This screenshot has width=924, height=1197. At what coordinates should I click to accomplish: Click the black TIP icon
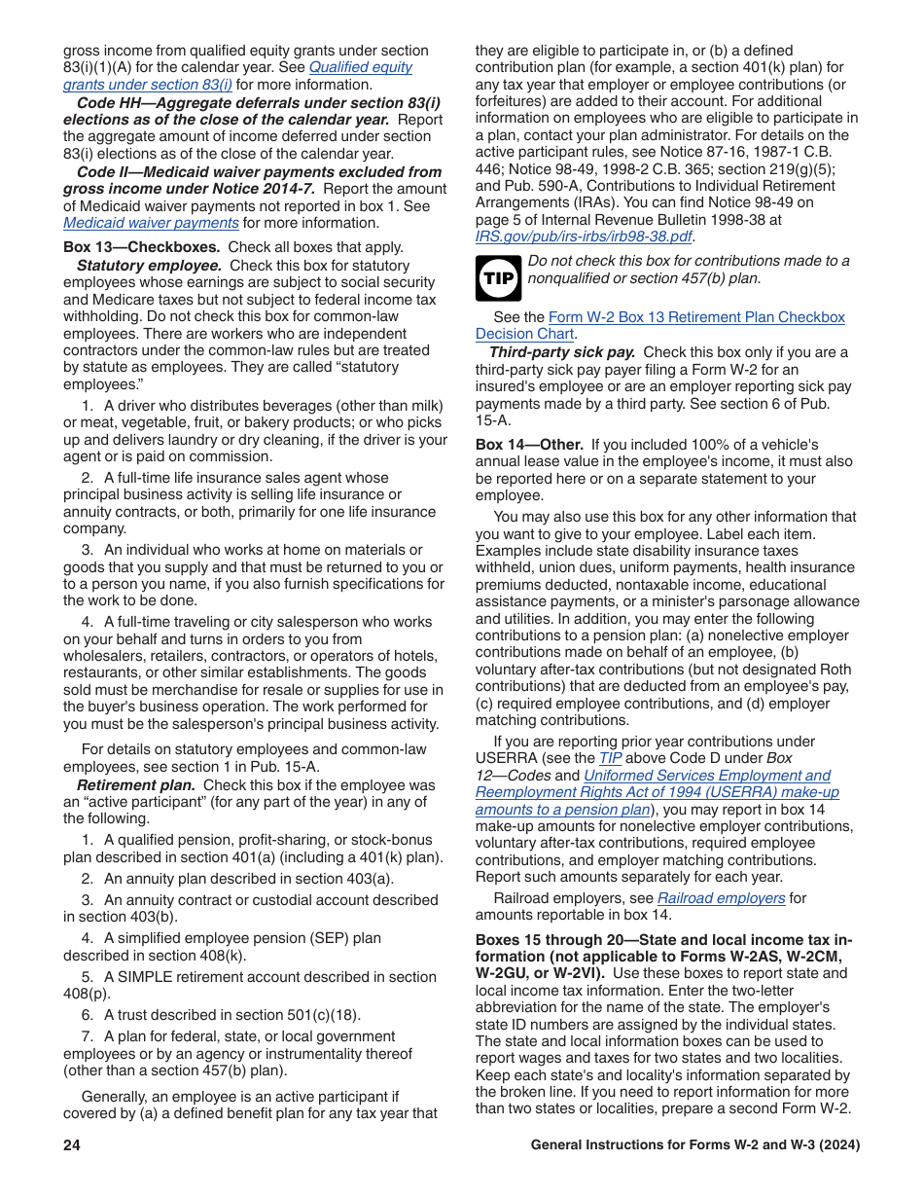pyautogui.click(x=498, y=277)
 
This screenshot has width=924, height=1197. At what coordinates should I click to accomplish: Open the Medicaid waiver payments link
pyautogui.click(x=151, y=222)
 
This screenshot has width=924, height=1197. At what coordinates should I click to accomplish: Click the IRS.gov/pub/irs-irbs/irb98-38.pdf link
pyautogui.click(x=584, y=236)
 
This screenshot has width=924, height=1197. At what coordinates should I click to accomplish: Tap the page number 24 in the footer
pyautogui.click(x=72, y=1145)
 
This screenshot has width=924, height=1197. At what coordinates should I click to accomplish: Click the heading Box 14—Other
pyautogui.click(x=529, y=445)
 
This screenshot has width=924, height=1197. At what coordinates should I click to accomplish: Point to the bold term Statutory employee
pyautogui.click(x=149, y=266)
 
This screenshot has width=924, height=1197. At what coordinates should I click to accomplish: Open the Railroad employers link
pyautogui.click(x=721, y=898)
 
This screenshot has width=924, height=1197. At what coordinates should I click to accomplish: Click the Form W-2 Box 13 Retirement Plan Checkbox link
pyautogui.click(x=696, y=317)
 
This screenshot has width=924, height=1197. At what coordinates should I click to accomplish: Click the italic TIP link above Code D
pyautogui.click(x=610, y=758)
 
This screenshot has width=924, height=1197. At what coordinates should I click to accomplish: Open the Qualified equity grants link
pyautogui.click(x=360, y=67)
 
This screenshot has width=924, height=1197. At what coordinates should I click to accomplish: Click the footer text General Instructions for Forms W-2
pyautogui.click(x=694, y=1145)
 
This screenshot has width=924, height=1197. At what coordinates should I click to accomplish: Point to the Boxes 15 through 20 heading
pyautogui.click(x=663, y=939)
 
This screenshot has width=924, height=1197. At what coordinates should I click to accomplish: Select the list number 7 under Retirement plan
pyautogui.click(x=87, y=1036)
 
